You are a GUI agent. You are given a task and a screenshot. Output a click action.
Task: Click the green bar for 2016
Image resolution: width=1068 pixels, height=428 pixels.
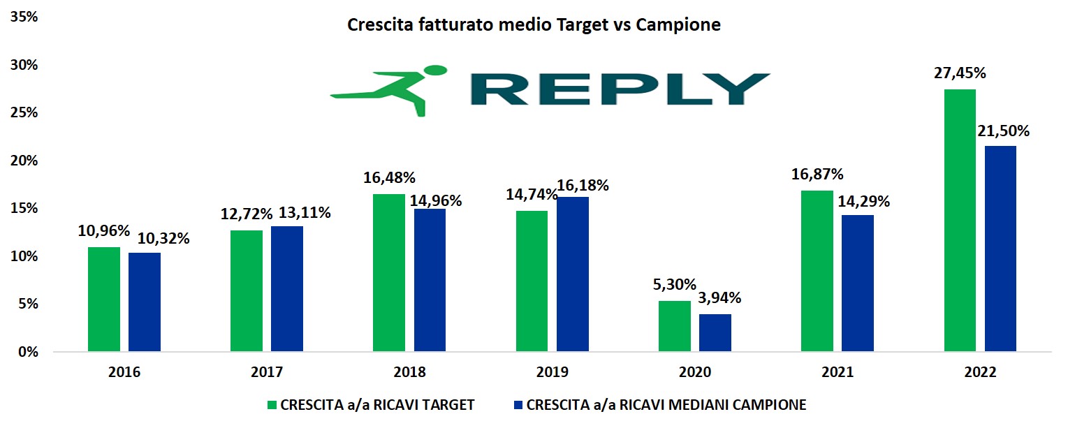pyautogui.click(x=104, y=299)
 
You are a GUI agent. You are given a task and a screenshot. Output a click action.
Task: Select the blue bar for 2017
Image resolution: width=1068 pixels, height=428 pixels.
pyautogui.click(x=287, y=288)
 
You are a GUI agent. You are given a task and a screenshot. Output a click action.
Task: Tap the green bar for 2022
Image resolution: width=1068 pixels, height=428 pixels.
pyautogui.click(x=960, y=220)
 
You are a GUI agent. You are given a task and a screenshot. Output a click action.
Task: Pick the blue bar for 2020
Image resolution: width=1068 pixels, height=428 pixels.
pyautogui.click(x=715, y=332)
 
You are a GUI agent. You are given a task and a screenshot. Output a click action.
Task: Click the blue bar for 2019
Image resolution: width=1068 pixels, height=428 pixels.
pyautogui.click(x=573, y=274)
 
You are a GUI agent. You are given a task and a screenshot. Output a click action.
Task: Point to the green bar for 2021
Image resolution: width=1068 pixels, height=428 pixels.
pyautogui.click(x=817, y=271)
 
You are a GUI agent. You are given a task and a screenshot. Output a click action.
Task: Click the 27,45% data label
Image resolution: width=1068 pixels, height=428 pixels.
pyautogui.click(x=959, y=73)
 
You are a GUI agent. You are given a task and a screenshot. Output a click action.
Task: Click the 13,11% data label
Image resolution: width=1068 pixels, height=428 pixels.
pyautogui.click(x=305, y=213)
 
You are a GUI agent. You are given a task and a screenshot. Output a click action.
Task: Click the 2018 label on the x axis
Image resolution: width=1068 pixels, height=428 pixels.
pyautogui.click(x=410, y=372)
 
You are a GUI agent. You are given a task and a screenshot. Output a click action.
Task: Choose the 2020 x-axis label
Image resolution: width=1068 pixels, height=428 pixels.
pyautogui.click(x=695, y=372)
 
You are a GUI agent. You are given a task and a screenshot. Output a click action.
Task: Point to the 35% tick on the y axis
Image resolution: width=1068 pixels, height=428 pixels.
pyautogui.click(x=25, y=17)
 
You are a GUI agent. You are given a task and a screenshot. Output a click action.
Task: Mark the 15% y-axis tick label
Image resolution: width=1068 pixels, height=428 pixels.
pyautogui.click(x=25, y=209)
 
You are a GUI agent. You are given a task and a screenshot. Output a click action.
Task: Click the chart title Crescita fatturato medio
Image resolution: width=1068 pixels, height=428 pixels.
pyautogui.click(x=534, y=26)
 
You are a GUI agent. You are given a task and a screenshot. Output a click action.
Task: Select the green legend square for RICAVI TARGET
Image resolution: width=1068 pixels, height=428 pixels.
pyautogui.click(x=272, y=405)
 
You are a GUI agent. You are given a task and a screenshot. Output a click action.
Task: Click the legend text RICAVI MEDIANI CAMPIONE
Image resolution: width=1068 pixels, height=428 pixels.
pyautogui.click(x=666, y=405)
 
